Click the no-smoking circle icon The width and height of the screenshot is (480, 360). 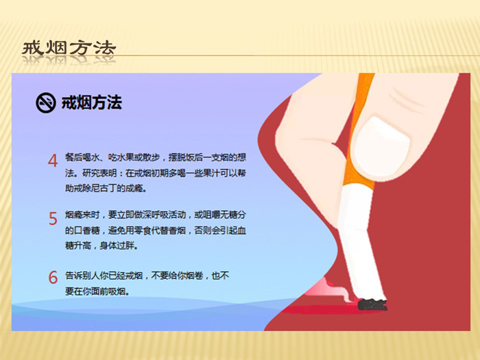(x=46, y=103)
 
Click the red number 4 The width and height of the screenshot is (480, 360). (x=53, y=160)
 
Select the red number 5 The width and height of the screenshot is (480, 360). (x=53, y=219)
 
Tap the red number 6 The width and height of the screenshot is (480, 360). (x=53, y=277)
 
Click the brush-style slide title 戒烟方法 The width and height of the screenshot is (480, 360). (x=69, y=49)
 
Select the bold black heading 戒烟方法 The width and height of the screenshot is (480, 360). (x=92, y=103)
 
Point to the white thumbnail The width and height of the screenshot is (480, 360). (x=381, y=145)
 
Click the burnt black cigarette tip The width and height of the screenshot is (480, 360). (x=372, y=304)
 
